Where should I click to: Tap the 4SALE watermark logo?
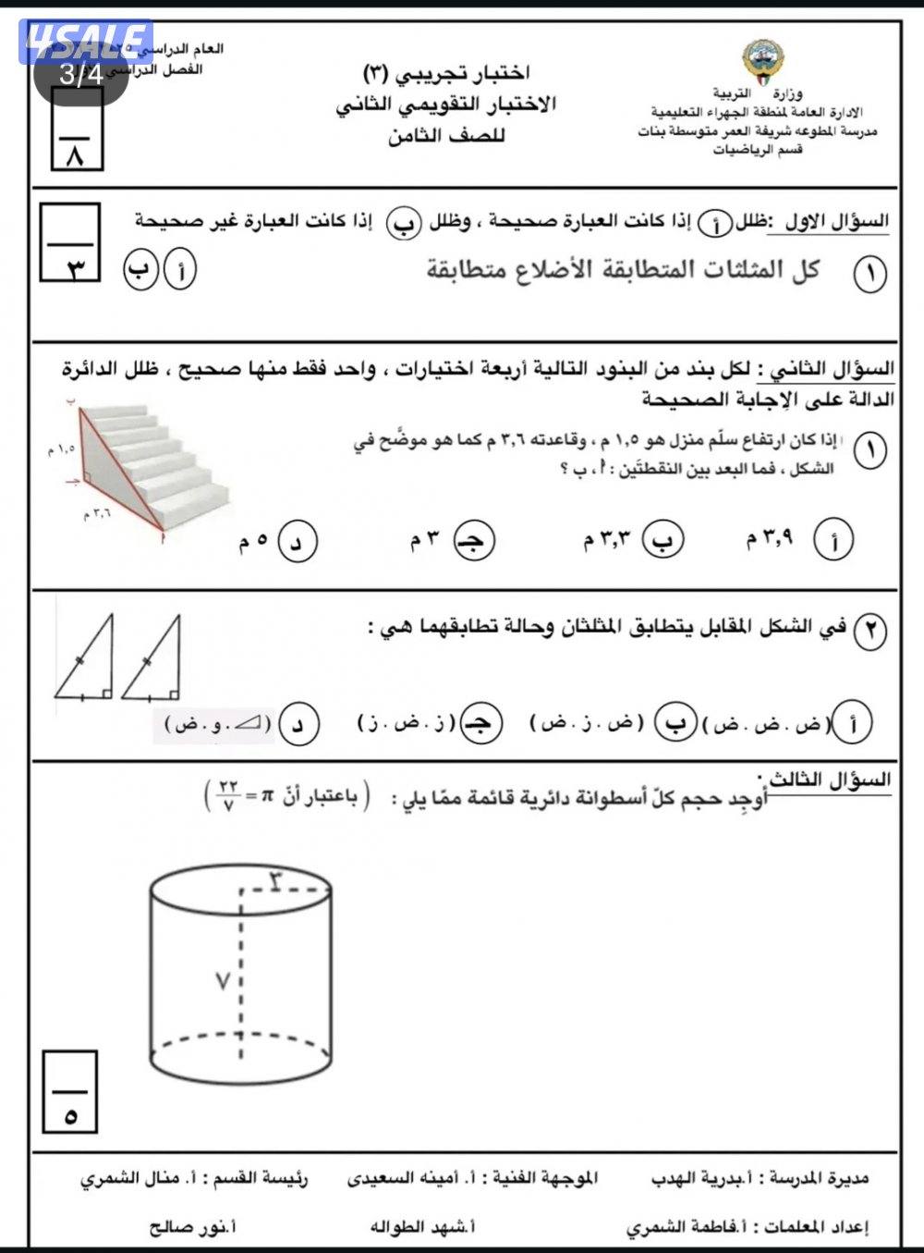(85, 42)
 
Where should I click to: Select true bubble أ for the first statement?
(180, 271)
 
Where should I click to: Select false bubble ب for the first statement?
(141, 271)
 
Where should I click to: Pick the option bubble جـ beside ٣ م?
(474, 541)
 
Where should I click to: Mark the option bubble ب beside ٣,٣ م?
(663, 540)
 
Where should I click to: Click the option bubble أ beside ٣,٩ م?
(833, 541)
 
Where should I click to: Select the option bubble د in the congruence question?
(298, 725)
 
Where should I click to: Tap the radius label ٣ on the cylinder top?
(277, 880)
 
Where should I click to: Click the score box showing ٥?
(69, 1091)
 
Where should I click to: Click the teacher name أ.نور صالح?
(193, 1227)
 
